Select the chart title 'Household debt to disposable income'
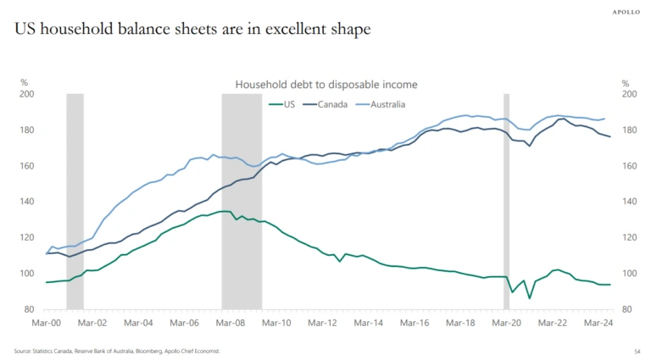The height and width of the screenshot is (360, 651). [325, 84]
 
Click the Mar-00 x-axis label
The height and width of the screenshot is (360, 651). [46, 323]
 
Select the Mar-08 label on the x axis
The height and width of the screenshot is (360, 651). [230, 323]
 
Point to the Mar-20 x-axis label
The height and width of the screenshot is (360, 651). [507, 323]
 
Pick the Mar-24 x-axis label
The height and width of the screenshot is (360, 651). [599, 323]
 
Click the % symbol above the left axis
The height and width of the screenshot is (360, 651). [25, 83]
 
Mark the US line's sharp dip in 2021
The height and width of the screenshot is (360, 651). [530, 297]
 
